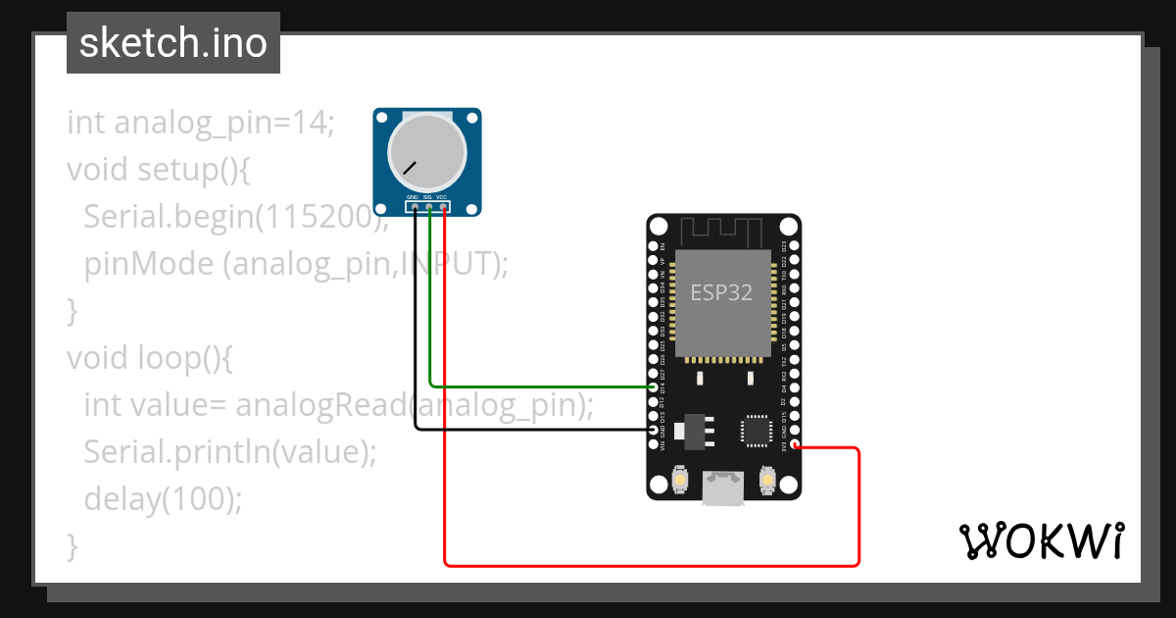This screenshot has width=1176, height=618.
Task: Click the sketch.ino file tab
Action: [173, 43]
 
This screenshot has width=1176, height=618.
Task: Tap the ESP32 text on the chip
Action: [722, 292]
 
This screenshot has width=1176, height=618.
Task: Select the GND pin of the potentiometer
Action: [415, 207]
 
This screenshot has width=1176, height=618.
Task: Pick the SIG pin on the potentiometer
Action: [429, 207]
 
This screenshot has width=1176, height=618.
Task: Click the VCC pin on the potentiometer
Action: [444, 207]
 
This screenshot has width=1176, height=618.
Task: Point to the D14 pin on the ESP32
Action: [655, 388]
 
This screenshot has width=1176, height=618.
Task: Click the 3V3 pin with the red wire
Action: [795, 445]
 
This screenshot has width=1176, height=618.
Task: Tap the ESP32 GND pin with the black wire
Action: [655, 430]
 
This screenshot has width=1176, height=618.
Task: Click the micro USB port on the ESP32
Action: [723, 488]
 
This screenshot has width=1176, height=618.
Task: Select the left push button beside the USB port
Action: [681, 481]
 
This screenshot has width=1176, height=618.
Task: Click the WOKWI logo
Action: [1041, 541]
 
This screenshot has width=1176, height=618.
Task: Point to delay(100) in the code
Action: [162, 499]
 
